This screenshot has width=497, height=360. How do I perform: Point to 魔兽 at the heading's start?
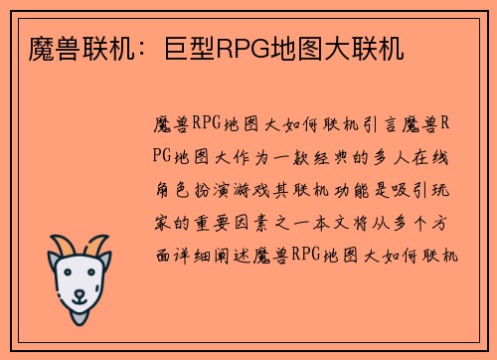pos(42,47)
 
